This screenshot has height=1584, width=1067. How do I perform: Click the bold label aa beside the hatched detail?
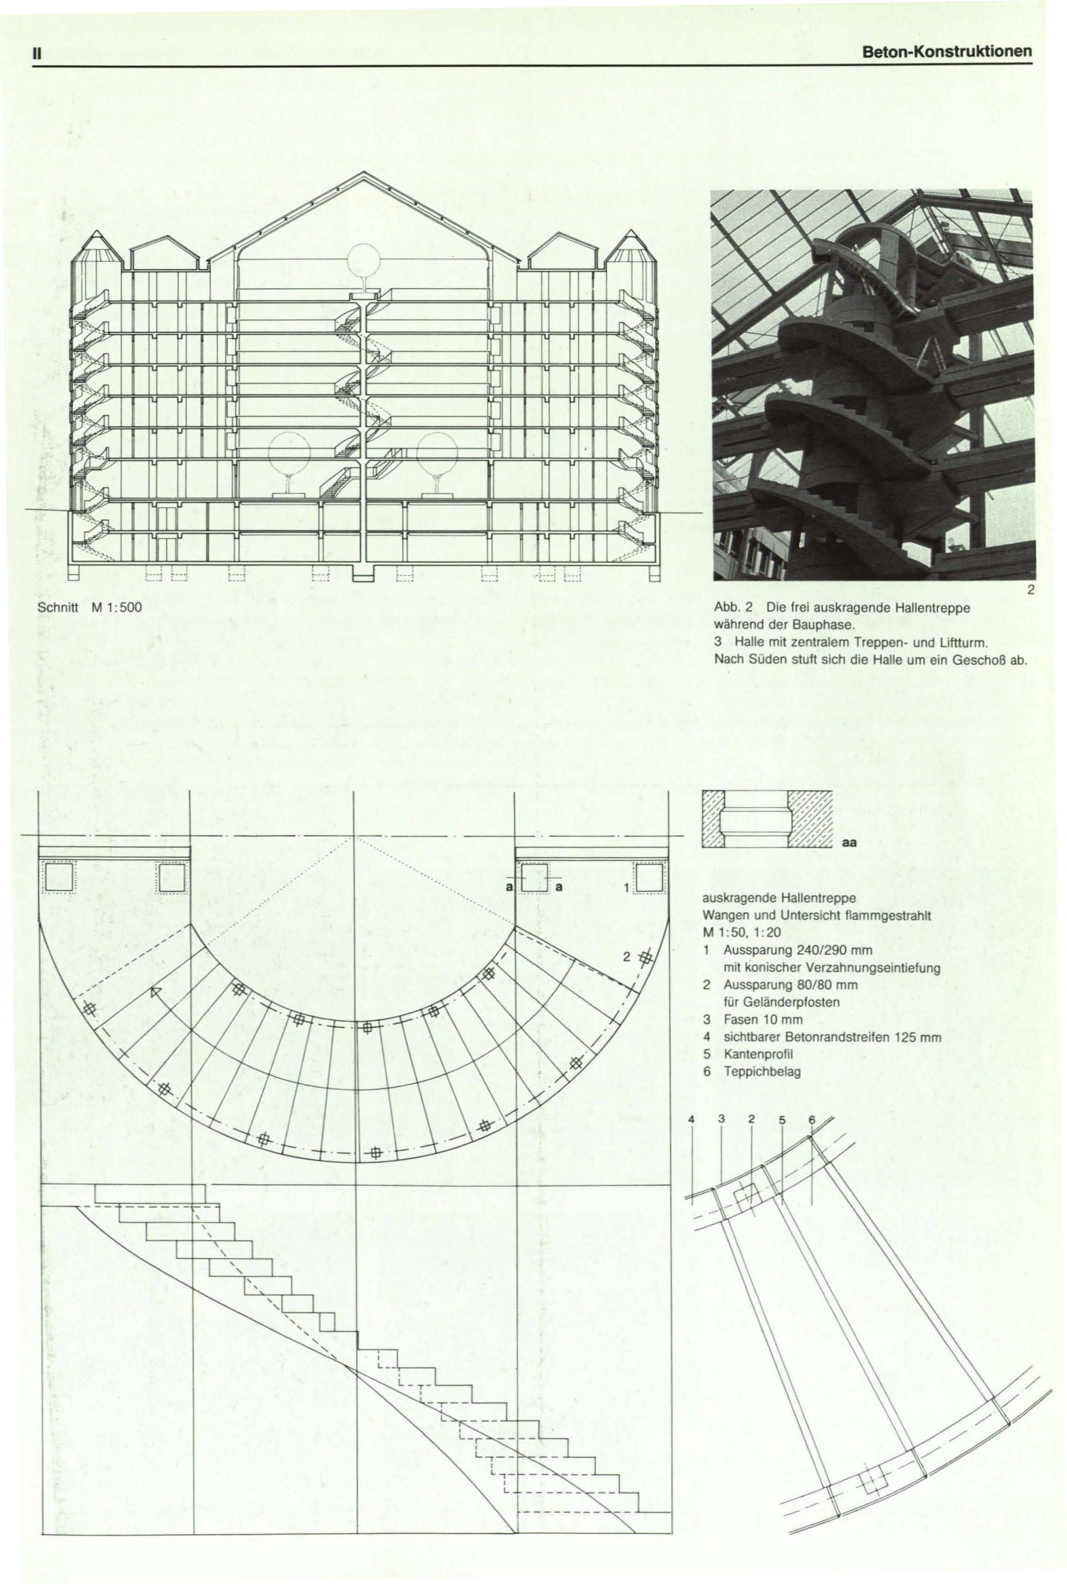click(850, 842)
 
